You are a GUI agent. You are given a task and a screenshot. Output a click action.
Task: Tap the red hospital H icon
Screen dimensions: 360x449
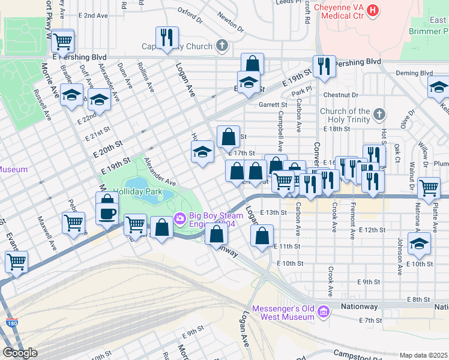374,10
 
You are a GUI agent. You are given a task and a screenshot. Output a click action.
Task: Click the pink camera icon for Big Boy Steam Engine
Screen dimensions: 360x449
179,217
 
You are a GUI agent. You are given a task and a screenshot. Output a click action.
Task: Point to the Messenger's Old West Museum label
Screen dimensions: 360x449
284,313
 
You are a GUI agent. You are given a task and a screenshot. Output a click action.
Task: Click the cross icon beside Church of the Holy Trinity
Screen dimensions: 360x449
379,113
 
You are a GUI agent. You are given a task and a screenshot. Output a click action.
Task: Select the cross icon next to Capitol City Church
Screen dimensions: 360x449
222,46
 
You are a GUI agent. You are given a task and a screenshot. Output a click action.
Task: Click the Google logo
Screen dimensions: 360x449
20,353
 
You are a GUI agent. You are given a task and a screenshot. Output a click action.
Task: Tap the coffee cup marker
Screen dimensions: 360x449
107,214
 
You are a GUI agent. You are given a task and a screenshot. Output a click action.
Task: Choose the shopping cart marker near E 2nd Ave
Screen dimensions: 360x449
62,41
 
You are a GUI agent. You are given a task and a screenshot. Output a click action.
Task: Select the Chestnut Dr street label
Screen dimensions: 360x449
340,95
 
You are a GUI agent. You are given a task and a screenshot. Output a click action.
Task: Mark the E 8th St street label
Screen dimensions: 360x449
419,299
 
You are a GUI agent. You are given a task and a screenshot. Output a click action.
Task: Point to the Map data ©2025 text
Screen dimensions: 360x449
424,355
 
